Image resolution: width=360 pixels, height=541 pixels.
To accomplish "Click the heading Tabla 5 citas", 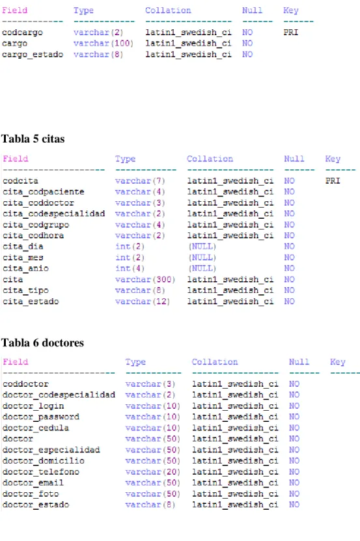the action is [33, 139].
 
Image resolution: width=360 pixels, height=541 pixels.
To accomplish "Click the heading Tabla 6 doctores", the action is [43, 342].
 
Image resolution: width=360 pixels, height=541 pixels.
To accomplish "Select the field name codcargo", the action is [22, 33].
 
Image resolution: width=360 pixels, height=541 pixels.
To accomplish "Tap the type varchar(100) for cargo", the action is [104, 44].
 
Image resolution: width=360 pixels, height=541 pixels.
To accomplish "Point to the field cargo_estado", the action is [33, 55].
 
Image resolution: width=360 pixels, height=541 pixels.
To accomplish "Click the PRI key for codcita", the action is [333, 181].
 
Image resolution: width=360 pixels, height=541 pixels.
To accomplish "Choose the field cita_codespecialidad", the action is [54, 214].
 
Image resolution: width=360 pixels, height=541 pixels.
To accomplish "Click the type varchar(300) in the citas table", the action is [145, 279].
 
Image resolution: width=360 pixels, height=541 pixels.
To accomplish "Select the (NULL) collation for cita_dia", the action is [202, 247].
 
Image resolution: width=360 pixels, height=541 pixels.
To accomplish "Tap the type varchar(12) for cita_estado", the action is [142, 301].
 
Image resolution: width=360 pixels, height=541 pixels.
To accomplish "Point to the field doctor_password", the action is [41, 417].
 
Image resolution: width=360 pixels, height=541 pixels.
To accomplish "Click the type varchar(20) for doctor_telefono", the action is [152, 472].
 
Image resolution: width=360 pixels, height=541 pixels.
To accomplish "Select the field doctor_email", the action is [33, 483].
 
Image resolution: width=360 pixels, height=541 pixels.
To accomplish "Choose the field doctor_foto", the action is [31, 494].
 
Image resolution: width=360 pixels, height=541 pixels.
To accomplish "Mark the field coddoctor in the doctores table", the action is [25, 384].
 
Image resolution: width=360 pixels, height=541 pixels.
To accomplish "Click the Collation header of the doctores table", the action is [215, 362].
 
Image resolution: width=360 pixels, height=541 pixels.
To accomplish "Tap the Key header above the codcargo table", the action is [290, 10].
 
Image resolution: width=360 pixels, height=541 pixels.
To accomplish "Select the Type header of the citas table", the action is [125, 159].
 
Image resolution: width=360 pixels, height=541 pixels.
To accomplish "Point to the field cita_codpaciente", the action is [44, 192].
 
